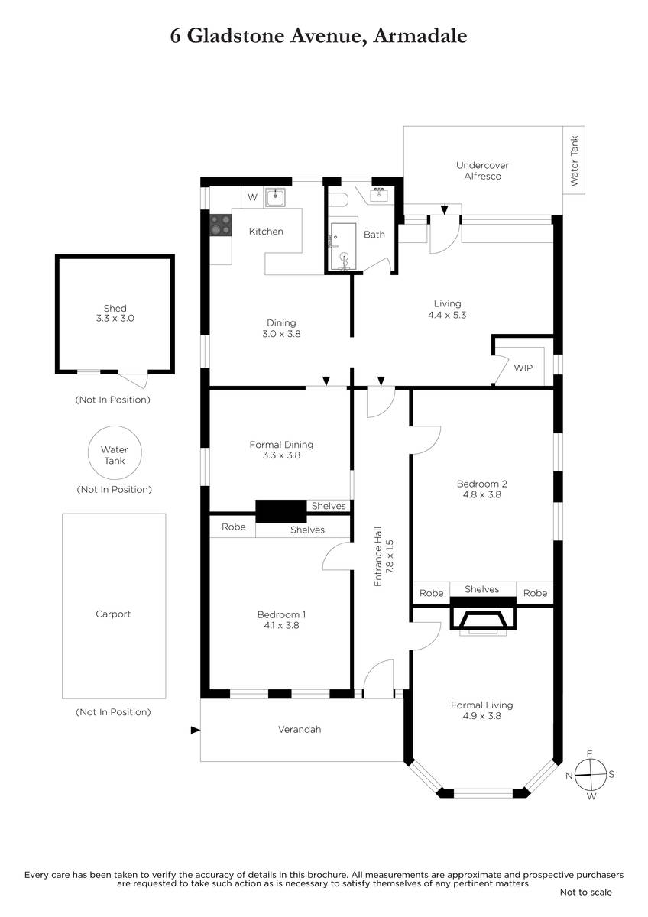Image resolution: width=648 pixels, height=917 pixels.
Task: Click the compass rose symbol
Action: pyautogui.click(x=590, y=774)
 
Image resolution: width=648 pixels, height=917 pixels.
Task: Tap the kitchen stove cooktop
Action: pyautogui.click(x=221, y=225)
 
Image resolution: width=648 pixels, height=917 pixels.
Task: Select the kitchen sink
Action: pyautogui.click(x=275, y=198)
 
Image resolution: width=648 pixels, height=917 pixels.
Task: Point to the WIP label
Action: pyautogui.click(x=523, y=368)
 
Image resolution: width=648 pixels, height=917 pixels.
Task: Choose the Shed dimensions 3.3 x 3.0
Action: pyautogui.click(x=115, y=318)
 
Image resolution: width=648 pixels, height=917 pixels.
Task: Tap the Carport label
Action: pyautogui.click(x=113, y=614)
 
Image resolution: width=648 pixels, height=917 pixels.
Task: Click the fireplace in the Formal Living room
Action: pyautogui.click(x=483, y=617)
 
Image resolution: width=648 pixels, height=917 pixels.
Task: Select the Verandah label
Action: pyautogui.click(x=300, y=729)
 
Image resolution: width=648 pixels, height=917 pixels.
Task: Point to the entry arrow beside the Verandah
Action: pyautogui.click(x=196, y=730)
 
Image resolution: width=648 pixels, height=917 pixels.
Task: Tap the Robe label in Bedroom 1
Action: pyautogui.click(x=233, y=527)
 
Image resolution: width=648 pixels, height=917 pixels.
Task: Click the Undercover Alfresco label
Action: pyautogui.click(x=483, y=170)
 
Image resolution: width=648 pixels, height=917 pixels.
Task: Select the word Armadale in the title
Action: pyautogui.click(x=420, y=36)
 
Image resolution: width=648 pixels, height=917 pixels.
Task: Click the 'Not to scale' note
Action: pyautogui.click(x=586, y=892)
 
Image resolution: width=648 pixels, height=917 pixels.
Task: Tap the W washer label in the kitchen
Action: pyautogui.click(x=253, y=197)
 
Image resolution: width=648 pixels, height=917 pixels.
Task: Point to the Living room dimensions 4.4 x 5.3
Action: pyautogui.click(x=447, y=315)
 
